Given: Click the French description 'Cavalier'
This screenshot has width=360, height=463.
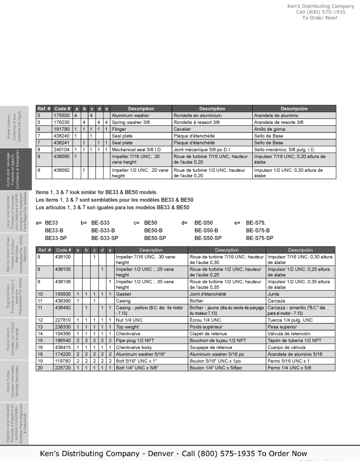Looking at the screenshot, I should (x=182, y=129).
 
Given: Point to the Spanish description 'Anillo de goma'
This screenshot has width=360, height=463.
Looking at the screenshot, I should (x=269, y=129).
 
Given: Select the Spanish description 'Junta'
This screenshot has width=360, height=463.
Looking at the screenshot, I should (x=274, y=293).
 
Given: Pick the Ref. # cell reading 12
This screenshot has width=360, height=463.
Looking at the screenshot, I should (x=41, y=320).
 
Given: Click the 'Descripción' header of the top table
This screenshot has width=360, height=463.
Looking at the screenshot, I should (x=294, y=108).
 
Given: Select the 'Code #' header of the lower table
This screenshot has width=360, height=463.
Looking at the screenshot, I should (x=63, y=250).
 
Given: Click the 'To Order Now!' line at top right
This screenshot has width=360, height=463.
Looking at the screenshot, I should (x=319, y=18).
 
